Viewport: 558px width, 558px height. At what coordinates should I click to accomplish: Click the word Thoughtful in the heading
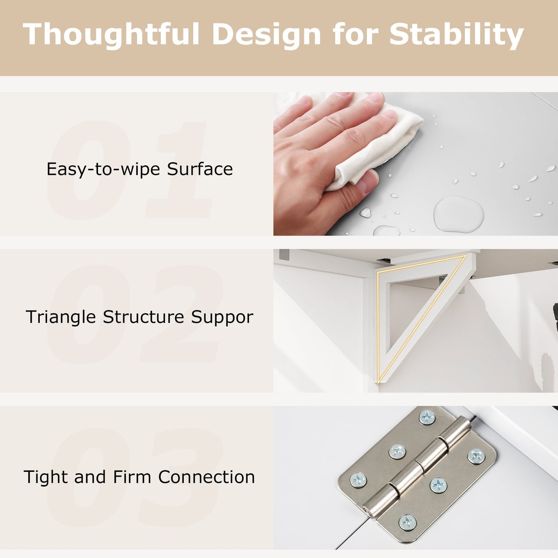point(111,34)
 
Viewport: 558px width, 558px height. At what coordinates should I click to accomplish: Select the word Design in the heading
point(266,34)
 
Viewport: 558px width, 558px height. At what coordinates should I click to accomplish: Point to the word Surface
point(200,169)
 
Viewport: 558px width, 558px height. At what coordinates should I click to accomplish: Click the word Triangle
point(61,317)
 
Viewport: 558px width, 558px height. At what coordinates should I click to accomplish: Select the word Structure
point(144,317)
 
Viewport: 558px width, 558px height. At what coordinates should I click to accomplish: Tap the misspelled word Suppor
point(222,317)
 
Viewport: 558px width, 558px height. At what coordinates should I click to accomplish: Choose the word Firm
point(132,477)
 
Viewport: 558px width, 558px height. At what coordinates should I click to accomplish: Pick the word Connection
point(207,477)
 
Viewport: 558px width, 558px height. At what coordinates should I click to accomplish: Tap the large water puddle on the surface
point(458,214)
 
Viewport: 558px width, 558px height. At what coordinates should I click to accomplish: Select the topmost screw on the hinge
point(427,417)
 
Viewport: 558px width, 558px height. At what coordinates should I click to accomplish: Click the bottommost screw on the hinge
point(407,522)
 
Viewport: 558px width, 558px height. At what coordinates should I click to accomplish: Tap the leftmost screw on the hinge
point(358,480)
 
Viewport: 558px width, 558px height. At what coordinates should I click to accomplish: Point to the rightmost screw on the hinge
point(476,456)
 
